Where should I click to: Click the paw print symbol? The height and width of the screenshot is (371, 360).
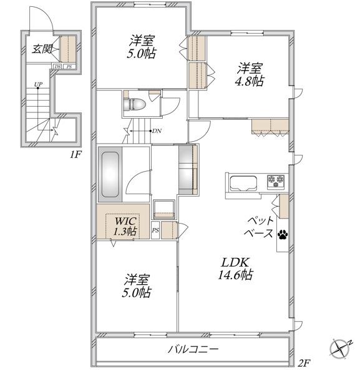click(x=283, y=234)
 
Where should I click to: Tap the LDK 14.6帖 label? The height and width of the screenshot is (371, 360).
click(x=235, y=269)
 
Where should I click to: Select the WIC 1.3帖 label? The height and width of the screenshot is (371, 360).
click(x=125, y=226)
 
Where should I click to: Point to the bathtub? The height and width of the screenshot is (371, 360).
click(x=110, y=174)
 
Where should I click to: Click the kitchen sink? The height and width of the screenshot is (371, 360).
click(x=243, y=183)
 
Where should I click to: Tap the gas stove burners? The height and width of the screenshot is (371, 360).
click(x=276, y=181)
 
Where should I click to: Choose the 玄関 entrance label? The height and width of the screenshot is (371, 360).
click(x=42, y=49)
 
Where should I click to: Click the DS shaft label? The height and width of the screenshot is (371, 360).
click(x=57, y=67)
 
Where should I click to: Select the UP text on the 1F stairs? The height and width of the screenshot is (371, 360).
click(x=38, y=84)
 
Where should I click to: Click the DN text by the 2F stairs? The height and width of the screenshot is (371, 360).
click(x=157, y=131)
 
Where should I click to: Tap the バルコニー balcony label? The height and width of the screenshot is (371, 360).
click(x=193, y=349)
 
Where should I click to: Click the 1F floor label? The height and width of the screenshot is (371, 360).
click(x=75, y=154)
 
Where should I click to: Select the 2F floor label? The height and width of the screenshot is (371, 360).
click(x=304, y=362)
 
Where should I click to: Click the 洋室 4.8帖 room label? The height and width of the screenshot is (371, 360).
click(x=250, y=74)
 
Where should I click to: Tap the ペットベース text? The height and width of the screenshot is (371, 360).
click(x=258, y=227)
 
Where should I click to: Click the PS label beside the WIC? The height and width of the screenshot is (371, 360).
click(x=155, y=230)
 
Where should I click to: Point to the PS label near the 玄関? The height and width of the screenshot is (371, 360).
click(x=69, y=67)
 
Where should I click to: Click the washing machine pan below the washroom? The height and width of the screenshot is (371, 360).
click(x=164, y=209)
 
